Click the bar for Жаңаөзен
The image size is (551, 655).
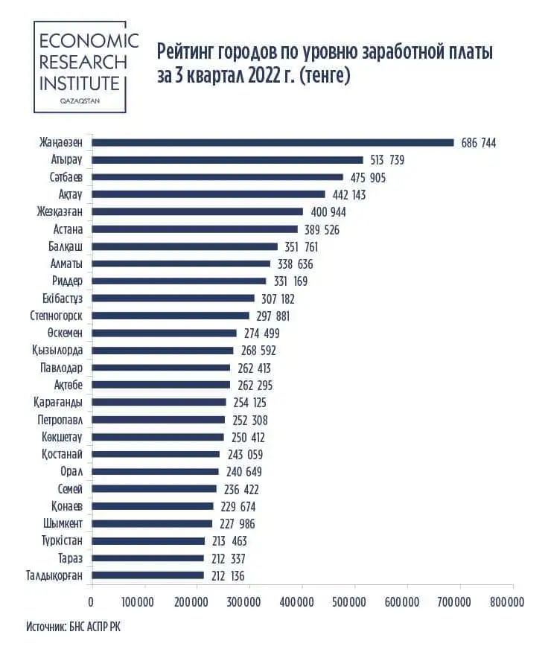[273, 142]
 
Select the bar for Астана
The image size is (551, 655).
[194, 229]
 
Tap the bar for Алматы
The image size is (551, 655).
[181, 263]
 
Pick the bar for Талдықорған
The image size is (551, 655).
[147, 575]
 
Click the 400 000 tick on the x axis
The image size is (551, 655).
[302, 601]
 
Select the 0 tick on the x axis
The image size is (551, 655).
[92, 601]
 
